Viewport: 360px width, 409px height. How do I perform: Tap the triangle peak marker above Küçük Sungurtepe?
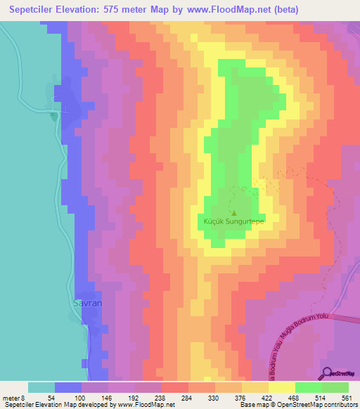tap(234, 214)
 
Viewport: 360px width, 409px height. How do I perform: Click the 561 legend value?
tap(347, 397)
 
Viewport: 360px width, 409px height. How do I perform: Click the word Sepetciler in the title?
tap(33, 10)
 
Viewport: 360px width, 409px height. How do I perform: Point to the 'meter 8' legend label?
tap(13, 397)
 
